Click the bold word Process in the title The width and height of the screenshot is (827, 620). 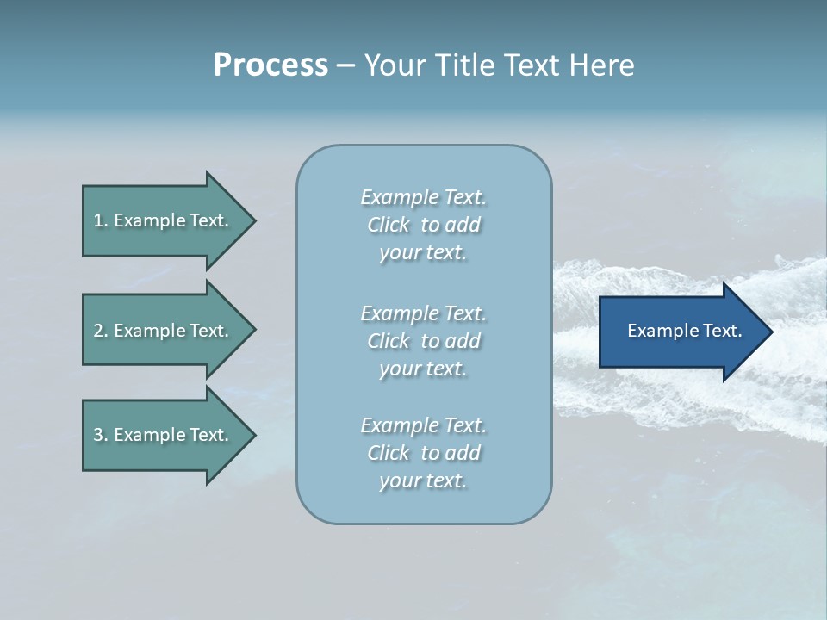tap(270, 65)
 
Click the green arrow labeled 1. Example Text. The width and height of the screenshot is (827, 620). tap(169, 220)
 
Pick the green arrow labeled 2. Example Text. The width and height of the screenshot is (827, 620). tap(169, 330)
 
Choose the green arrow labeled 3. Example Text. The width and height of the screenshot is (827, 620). tap(169, 435)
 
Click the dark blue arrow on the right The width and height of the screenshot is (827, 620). tap(686, 332)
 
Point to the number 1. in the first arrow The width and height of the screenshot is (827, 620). tap(101, 220)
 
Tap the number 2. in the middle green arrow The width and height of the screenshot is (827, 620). tap(101, 331)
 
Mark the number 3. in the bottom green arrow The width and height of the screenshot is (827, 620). tap(101, 435)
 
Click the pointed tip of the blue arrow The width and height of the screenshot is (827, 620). tap(773, 332)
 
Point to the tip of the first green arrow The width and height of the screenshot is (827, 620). tap(256, 221)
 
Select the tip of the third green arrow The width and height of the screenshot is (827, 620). tap(256, 436)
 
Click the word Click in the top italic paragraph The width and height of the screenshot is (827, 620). tap(389, 225)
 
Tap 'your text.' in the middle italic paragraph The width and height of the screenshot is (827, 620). tap(423, 369)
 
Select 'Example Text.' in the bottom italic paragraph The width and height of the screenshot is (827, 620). tap(424, 425)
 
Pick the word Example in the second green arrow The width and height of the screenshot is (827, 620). tap(150, 331)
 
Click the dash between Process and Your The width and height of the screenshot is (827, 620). tap(346, 67)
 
